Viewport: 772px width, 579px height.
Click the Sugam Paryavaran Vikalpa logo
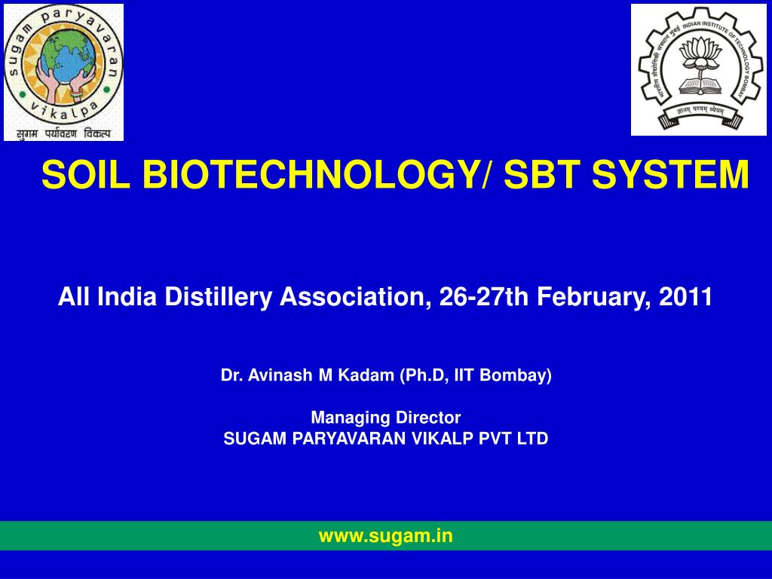point(63,72)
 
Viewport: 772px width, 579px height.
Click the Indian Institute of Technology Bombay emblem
point(698,69)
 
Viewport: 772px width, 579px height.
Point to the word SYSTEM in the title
point(670,176)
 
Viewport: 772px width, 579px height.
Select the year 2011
point(686,297)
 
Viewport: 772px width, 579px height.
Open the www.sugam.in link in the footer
point(386,535)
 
